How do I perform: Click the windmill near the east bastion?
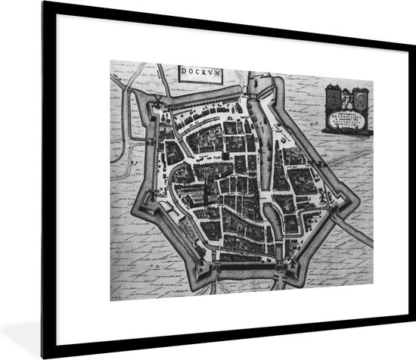pos(322,195)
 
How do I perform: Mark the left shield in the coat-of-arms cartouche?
pos(332,97)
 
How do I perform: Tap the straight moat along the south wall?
pos(250,270)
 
